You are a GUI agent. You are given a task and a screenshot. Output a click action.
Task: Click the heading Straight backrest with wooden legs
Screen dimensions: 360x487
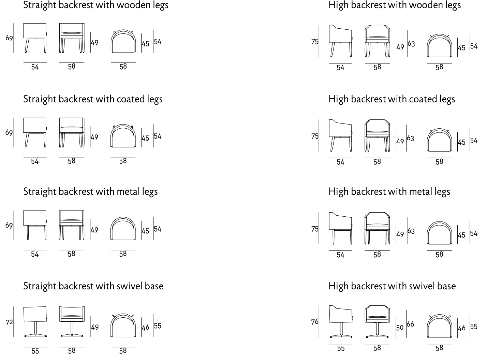pos(95,5)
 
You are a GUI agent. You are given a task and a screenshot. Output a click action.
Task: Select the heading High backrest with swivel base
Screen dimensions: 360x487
pos(392,286)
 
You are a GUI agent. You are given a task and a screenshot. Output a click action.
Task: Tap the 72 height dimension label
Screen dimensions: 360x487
pos(9,322)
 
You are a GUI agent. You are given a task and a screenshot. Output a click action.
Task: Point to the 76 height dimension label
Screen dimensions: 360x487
pos(315,322)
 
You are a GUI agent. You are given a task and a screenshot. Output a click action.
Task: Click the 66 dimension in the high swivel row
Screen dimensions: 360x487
pos(411,324)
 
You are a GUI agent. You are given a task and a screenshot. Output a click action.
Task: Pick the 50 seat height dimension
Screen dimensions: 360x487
pos(400,328)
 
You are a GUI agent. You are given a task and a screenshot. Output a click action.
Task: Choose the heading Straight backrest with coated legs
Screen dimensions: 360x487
pos(93,99)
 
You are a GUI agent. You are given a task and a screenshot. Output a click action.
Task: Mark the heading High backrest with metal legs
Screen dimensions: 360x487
pos(389,192)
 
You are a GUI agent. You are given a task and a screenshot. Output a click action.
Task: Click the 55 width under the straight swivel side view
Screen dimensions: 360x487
pos(35,351)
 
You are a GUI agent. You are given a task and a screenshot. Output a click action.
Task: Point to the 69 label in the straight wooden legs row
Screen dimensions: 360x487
pos(9,38)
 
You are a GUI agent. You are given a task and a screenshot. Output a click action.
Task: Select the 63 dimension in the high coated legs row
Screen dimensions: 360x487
pos(411,139)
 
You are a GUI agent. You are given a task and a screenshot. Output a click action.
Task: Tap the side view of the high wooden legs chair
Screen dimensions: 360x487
pos(341,41)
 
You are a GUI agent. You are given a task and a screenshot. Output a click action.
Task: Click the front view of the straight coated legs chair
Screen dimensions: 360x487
pos(72,132)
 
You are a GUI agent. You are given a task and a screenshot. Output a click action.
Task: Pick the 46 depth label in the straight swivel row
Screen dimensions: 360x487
pos(146,328)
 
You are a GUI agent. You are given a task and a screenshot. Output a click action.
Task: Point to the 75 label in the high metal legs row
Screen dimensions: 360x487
pos(315,229)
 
